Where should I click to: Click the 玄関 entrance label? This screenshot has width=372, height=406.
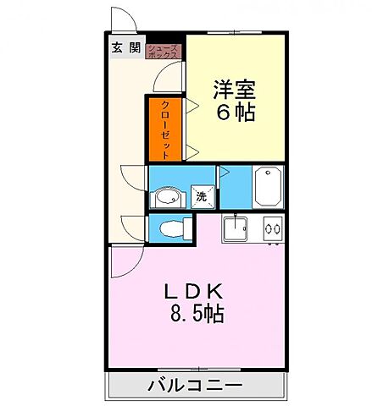pos(124,48)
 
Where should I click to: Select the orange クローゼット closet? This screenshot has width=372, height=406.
pos(164,129)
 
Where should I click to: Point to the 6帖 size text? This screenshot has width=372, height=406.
pos(234,112)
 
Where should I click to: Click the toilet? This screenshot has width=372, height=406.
pos(169,227)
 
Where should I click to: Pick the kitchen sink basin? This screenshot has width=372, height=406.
pos(235,228)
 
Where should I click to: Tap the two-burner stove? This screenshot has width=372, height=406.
pos(272,228)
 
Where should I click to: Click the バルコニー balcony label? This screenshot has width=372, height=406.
pos(196,386)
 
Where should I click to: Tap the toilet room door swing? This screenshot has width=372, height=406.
pos(134,227)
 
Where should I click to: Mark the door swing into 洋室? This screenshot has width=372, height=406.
pos(172,80)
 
